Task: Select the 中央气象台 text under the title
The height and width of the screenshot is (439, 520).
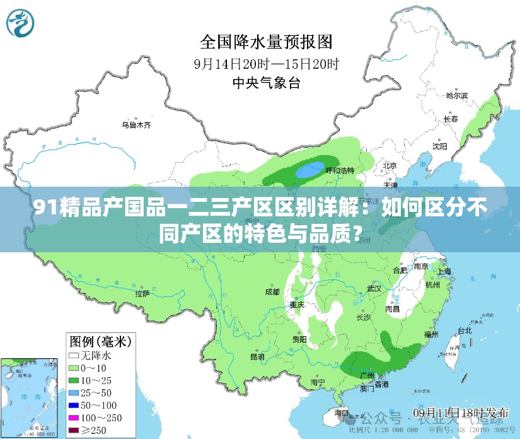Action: point(266,82)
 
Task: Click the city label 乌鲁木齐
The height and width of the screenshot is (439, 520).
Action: point(136,125)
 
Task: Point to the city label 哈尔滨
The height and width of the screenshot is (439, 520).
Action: point(457,96)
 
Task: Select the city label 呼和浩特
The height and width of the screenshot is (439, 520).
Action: point(339,170)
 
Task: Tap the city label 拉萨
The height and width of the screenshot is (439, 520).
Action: point(142,293)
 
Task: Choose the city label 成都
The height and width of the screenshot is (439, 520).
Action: point(272,292)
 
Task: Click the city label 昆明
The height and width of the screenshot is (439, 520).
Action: point(257,356)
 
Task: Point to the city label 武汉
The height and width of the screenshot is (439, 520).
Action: point(374,288)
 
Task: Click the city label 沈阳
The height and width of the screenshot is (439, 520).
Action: point(439,146)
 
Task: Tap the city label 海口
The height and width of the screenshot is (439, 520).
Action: point(341,413)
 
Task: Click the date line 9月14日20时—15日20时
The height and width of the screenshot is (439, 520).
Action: point(266,63)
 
